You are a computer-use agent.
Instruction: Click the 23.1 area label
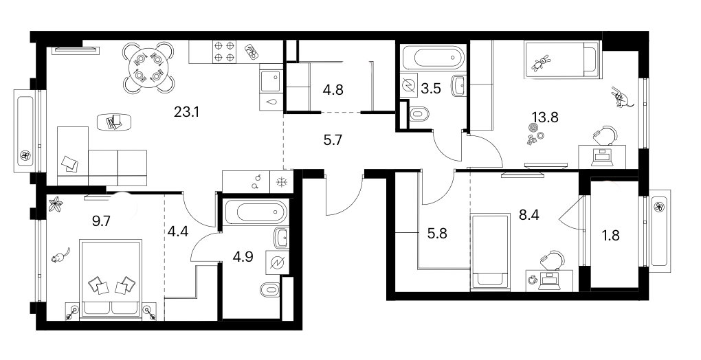click(186, 112)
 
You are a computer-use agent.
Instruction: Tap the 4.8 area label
click(333, 89)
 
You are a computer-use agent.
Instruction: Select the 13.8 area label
click(545, 117)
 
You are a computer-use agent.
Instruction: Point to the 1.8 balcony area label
click(611, 235)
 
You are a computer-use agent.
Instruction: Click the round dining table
click(148, 67)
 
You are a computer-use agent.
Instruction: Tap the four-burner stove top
click(223, 52)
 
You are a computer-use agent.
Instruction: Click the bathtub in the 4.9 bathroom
click(254, 212)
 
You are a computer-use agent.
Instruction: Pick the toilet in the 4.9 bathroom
click(271, 290)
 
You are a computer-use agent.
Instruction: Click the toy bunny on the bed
click(541, 63)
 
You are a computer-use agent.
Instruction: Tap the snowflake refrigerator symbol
click(281, 182)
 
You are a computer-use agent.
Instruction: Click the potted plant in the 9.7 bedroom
click(55, 205)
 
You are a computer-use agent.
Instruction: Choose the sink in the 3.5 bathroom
click(458, 86)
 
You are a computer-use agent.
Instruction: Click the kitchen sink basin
click(270, 81)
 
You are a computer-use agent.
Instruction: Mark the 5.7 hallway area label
click(332, 141)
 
